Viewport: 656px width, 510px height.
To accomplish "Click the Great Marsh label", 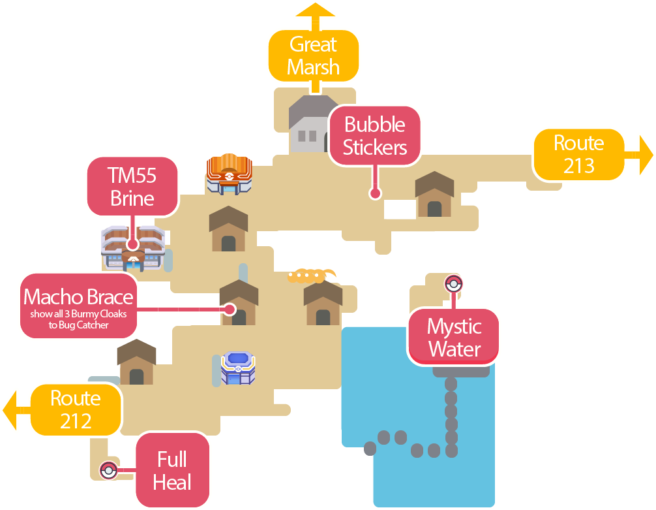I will coord(314,56).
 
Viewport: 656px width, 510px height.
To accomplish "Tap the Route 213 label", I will coord(578,154).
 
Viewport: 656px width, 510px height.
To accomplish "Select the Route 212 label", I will coord(76,409).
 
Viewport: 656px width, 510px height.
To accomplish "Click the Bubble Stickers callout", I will coord(374,136).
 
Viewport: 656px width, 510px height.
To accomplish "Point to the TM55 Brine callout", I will coord(132,186).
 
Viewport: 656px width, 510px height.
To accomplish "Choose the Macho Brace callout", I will coord(78,305).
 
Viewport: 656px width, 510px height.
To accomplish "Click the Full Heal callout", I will coord(172,470).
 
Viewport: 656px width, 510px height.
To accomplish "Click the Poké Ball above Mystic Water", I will coord(453,284).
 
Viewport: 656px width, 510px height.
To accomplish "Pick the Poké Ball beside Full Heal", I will coord(108,470).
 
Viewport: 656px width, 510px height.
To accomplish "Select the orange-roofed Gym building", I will coord(229,174).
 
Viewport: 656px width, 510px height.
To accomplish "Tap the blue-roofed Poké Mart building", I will coord(238,368).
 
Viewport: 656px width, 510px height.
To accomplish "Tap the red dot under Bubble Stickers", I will coord(374,193).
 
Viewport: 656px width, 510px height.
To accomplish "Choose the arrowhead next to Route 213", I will coord(646,155).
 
